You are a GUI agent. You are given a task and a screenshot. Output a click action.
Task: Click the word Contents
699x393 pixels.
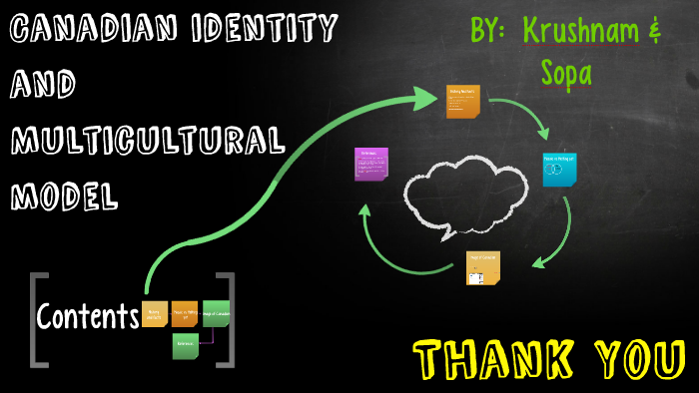coord(88,317)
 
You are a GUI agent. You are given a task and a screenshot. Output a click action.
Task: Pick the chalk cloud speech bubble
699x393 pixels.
coord(463,192)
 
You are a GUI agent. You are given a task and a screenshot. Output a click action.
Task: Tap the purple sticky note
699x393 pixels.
coord(370,163)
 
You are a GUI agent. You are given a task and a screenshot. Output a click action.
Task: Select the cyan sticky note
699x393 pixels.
coord(558,170)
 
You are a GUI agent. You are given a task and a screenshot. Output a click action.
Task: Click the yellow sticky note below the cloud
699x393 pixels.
coord(482,267)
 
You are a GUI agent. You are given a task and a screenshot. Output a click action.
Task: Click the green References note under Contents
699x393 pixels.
coord(186,345)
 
